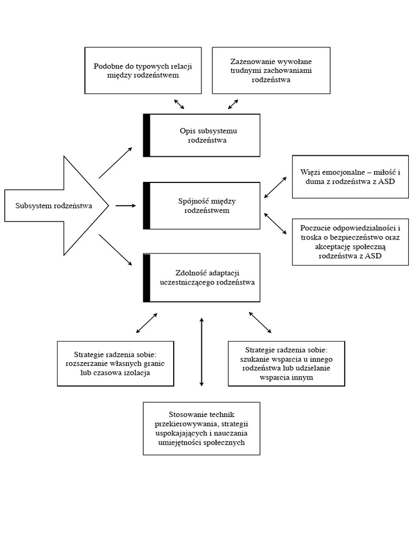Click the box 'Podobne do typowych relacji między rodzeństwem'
pos(143,70)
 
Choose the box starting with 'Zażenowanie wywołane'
pos(271,70)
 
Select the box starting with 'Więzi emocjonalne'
pos(350,176)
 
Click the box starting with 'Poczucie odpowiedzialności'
pos(350,242)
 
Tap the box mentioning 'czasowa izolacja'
pos(116,363)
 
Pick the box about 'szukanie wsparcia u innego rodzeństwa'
pos(286,363)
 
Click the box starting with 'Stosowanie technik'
pos(201,428)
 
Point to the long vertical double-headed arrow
pos(201,352)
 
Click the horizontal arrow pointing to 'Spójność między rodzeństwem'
pos(125,206)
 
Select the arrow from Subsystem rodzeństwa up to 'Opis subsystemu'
pos(115,162)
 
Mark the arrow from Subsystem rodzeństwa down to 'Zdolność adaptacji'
pos(115,250)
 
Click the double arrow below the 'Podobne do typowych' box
pos(179,104)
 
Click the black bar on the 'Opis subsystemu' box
pos(147,135)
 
